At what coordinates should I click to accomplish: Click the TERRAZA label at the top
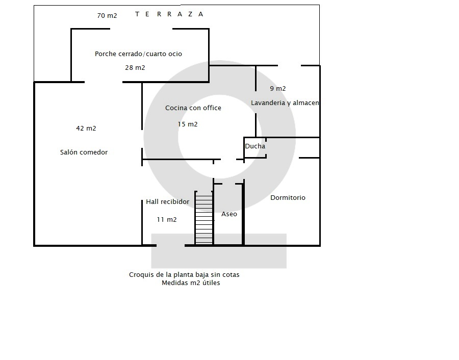(x=169, y=14)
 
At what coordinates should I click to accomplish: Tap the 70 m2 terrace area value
(x=107, y=15)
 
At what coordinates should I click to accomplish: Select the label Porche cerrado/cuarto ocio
(x=138, y=54)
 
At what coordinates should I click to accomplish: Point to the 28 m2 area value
(x=135, y=68)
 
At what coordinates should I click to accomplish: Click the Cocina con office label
(x=193, y=108)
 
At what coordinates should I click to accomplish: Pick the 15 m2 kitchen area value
(x=188, y=124)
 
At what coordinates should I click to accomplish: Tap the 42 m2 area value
(x=86, y=128)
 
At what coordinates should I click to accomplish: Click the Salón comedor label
(x=84, y=152)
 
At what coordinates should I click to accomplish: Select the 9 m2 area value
(x=278, y=88)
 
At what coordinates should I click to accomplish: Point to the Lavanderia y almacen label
(x=285, y=102)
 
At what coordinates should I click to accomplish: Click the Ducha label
(x=255, y=146)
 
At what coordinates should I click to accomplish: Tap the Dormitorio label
(x=288, y=197)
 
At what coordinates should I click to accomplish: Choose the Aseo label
(x=229, y=214)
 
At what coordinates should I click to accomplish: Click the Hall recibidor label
(x=168, y=201)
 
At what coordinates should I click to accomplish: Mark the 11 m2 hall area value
(x=167, y=219)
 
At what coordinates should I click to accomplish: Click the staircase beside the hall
(x=204, y=218)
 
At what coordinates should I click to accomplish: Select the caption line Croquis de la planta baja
(x=184, y=275)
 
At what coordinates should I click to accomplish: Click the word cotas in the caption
(x=231, y=275)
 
